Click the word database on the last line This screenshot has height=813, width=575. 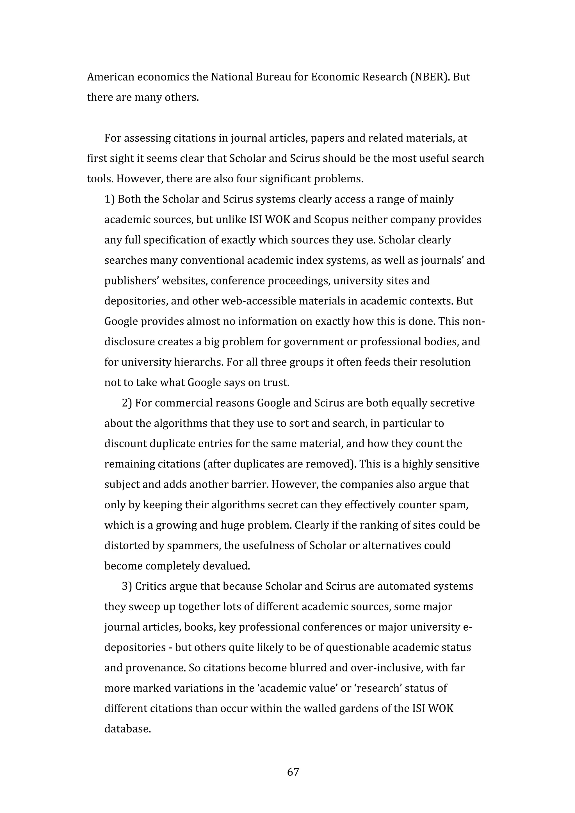click(127, 729)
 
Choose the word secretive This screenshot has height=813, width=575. click(452, 403)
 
